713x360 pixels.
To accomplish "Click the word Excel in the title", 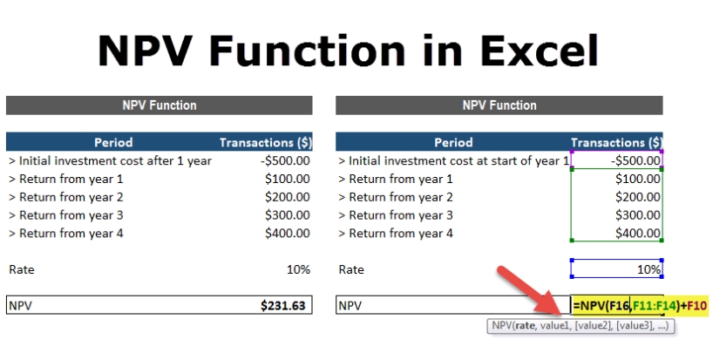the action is click(539, 51).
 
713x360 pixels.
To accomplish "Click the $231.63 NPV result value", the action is click(282, 305).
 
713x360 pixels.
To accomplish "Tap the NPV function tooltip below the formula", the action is click(581, 325).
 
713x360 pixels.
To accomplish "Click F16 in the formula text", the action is click(620, 305).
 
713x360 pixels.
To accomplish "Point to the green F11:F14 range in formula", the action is click(652, 305).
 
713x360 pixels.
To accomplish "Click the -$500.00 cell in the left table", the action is click(285, 160).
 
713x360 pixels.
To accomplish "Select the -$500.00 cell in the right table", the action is click(635, 160).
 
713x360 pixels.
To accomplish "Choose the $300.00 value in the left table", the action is click(288, 215).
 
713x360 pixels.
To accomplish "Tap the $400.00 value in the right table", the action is click(637, 234).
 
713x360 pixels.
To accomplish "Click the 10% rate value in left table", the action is click(298, 269).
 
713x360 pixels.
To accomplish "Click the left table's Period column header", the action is click(113, 142).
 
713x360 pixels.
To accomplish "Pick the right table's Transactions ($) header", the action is click(616, 142).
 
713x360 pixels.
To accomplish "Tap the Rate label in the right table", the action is click(351, 269).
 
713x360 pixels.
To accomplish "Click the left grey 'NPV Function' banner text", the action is click(160, 105).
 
